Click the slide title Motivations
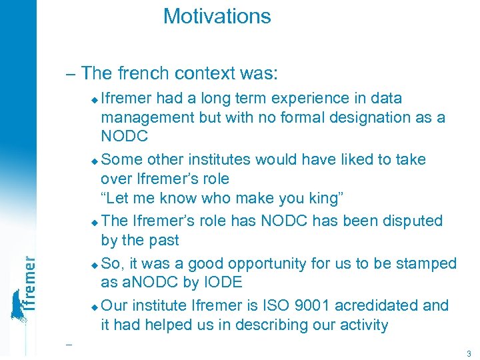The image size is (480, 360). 217,16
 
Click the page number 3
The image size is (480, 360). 469,353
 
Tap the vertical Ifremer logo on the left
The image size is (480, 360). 23,287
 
